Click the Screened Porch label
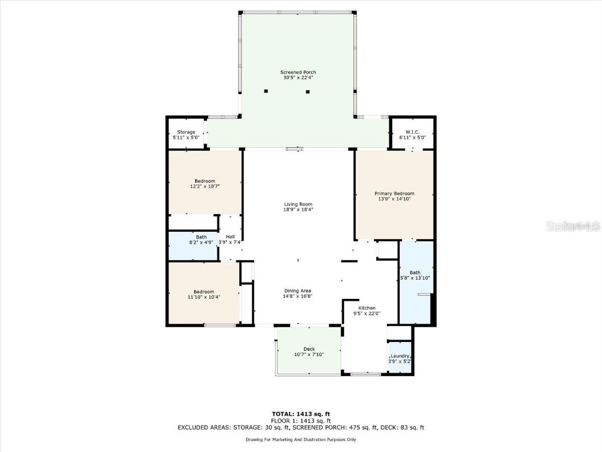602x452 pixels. [x=298, y=72]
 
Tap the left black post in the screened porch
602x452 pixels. [x=266, y=91]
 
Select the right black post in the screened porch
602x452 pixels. [x=307, y=91]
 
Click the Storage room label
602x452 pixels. [x=186, y=132]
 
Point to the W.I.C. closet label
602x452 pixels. [x=412, y=132]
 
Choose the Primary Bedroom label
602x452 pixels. [x=394, y=193]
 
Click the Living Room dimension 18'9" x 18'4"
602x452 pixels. [x=298, y=210]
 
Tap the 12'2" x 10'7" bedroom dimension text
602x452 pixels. [x=205, y=187]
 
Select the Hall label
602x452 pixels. [x=230, y=237]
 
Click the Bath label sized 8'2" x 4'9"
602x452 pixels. [x=201, y=237]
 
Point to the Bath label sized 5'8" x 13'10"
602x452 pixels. [x=415, y=272]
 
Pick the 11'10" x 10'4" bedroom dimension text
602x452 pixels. [x=204, y=297]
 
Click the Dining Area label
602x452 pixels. [x=297, y=291]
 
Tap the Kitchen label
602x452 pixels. [x=367, y=308]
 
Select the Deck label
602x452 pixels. [x=309, y=349]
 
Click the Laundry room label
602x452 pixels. [x=400, y=356]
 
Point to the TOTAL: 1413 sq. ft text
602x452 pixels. [x=301, y=414]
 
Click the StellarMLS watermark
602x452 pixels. [x=573, y=226]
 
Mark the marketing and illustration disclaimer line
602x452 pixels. [x=301, y=439]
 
